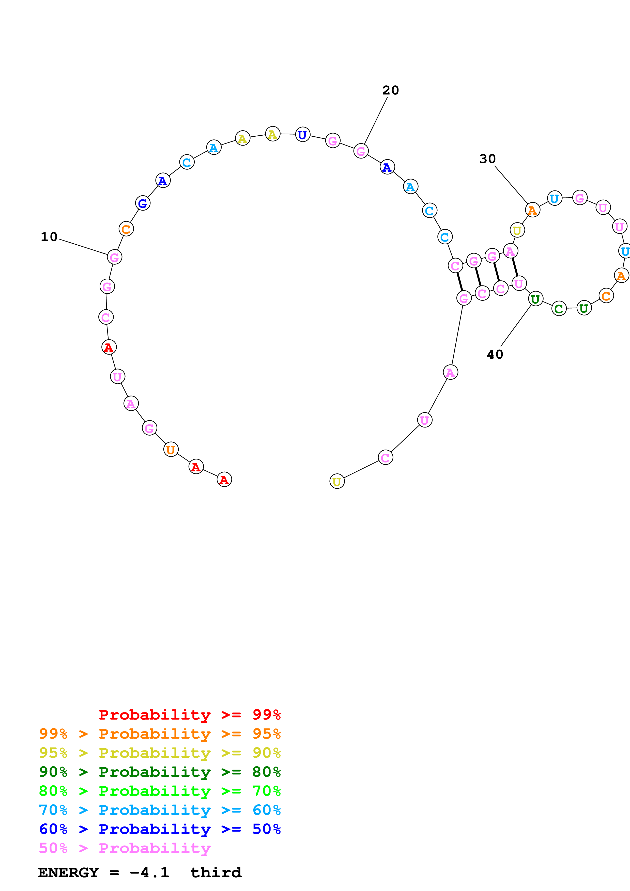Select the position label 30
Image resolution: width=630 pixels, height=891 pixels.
487,159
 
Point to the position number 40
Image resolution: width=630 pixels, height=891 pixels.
495,354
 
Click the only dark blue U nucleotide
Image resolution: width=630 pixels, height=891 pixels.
302,135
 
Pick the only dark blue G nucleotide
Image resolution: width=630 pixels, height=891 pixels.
143,203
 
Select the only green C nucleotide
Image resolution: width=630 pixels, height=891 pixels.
559,309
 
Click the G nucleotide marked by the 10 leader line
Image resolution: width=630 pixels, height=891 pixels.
114,257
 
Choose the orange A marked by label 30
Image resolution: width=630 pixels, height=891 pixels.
532,210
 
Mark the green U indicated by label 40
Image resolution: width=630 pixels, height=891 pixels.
535,299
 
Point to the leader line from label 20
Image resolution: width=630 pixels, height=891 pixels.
375,121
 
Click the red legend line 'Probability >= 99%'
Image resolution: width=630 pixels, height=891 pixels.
189,715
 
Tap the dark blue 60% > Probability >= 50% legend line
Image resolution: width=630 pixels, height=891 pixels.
160,829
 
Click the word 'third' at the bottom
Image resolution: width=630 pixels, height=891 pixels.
216,873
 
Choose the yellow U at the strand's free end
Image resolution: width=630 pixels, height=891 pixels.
336,482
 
